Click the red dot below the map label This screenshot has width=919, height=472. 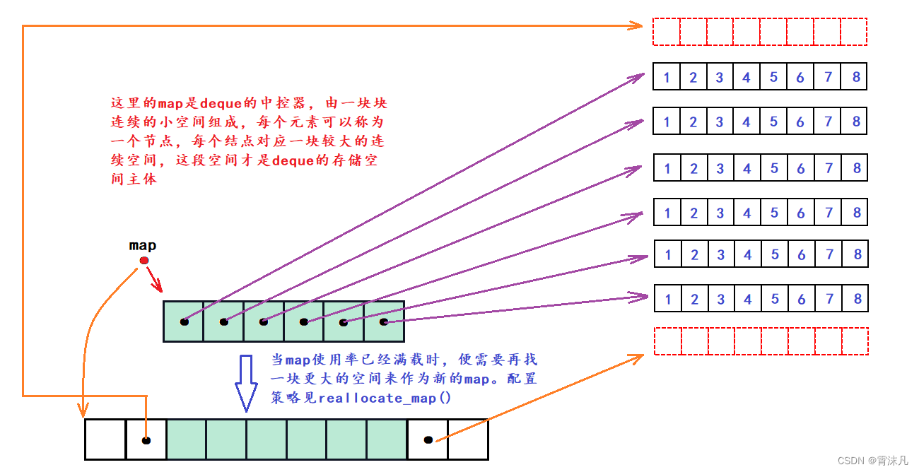point(144,261)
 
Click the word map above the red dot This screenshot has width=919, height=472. point(142,246)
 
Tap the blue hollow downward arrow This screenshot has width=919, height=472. point(246,383)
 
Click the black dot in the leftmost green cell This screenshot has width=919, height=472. point(185,322)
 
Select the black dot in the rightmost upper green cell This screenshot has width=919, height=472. point(384,322)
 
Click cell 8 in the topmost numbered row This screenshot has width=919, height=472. point(854,77)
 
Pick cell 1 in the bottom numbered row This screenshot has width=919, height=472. point(668,299)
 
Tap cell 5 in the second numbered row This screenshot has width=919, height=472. point(773,122)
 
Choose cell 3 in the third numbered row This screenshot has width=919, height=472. point(720,167)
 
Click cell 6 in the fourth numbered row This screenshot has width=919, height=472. point(801,213)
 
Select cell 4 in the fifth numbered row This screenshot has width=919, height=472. point(748,254)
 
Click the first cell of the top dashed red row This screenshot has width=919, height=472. point(667,32)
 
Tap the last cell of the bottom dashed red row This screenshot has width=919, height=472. point(855,341)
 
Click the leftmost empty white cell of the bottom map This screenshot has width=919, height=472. point(105,439)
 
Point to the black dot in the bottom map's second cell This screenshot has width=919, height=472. point(146,440)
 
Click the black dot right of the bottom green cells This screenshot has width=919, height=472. point(428,440)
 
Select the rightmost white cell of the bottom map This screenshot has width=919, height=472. point(468,439)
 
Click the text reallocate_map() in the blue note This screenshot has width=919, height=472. point(385,399)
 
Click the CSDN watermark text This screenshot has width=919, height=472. point(872,461)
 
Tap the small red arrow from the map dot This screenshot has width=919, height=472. point(155,279)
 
